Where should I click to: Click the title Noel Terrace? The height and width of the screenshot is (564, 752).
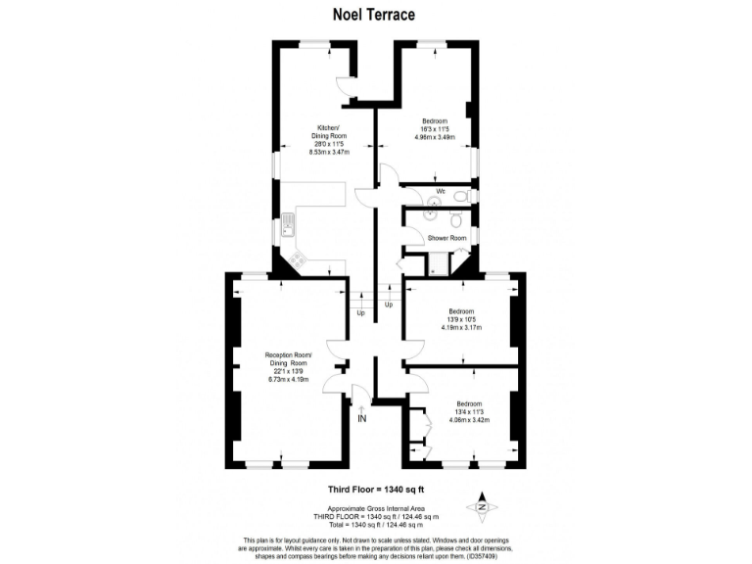coord(376,15)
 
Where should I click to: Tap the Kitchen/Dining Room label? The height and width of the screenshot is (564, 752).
coord(327,131)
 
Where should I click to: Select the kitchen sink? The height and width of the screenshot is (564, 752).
coord(288,226)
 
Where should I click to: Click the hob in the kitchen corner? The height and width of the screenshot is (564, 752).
coord(297,258)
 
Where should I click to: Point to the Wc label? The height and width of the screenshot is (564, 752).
coord(441,191)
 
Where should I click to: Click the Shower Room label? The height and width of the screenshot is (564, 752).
coord(446,238)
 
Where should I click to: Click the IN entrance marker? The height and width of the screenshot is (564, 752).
coord(361,419)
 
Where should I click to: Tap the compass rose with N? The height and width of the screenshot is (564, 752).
coord(481,507)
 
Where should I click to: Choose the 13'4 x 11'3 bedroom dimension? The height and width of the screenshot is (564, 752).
coord(468,411)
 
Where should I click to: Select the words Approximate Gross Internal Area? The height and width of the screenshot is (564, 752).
coord(376,508)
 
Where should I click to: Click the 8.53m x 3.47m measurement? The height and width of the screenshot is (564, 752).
coord(328,152)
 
